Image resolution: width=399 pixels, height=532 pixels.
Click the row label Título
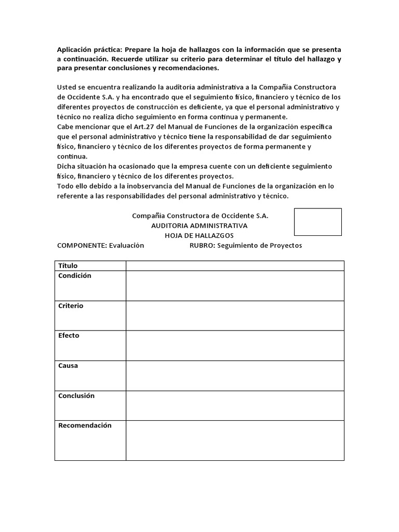68,265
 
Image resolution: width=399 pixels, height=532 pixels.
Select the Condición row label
74,276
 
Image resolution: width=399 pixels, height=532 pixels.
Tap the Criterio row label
71,306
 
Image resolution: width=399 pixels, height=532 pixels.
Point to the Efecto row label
69,336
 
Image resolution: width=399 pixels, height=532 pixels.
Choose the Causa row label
68,366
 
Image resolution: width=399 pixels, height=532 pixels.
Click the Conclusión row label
76,395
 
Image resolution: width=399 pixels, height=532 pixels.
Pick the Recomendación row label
85,425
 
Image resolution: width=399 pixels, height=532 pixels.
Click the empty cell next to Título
235,265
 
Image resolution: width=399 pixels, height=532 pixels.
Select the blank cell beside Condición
235,285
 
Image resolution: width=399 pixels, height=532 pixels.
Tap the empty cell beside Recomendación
235,440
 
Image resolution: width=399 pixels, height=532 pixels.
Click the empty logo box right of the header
318,222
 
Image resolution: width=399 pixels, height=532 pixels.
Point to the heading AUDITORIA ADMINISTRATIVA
199,225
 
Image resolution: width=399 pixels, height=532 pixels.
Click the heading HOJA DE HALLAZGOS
199,235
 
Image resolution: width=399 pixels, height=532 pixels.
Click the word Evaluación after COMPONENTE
126,245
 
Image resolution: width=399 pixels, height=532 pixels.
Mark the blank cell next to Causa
235,376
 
